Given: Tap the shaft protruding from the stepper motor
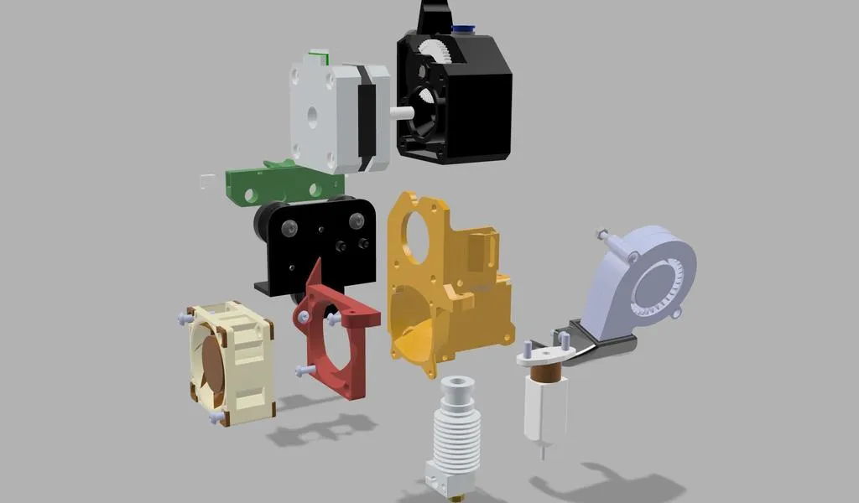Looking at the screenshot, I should pyautogui.click(x=400, y=111).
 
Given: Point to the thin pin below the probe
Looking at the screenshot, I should pyautogui.click(x=545, y=449).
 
